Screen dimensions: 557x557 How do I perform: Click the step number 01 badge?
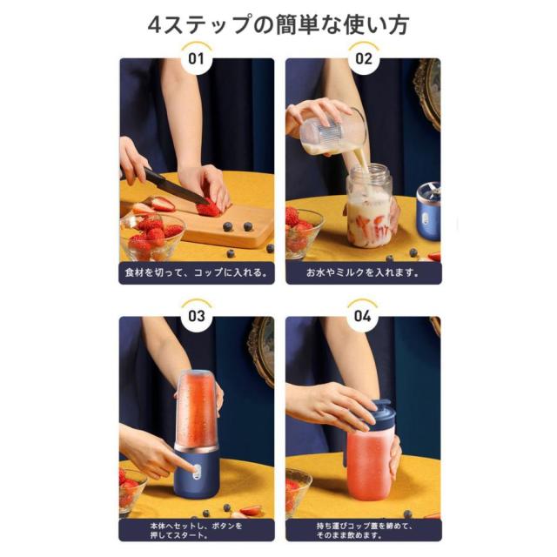coord(197,58)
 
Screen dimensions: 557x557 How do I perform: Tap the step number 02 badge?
coord(363,58)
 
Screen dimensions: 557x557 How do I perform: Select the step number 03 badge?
coord(197,316)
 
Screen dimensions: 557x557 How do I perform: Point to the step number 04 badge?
coord(362,316)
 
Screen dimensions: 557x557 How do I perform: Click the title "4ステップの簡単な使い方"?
coord(278,24)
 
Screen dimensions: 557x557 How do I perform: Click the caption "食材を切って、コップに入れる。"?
coord(197,272)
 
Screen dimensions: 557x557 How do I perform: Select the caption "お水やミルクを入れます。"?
coord(363,272)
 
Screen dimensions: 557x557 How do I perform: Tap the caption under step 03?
coord(197,530)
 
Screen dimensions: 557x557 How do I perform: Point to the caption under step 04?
coord(364,530)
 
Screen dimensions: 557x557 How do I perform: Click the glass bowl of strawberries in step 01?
coord(151,236)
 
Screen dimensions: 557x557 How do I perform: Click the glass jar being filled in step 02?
coord(369,206)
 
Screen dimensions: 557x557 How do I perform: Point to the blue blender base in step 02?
coord(428,211)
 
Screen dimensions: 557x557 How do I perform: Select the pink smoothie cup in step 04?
coord(370,462)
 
